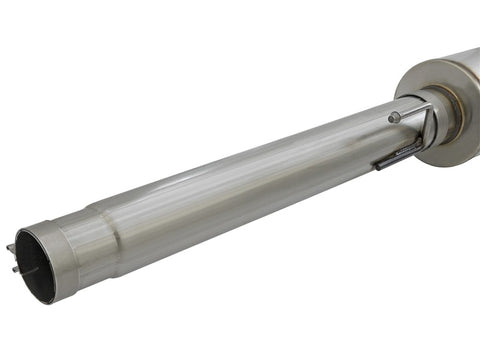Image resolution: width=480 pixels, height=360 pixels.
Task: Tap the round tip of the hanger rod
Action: tap(394, 118)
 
